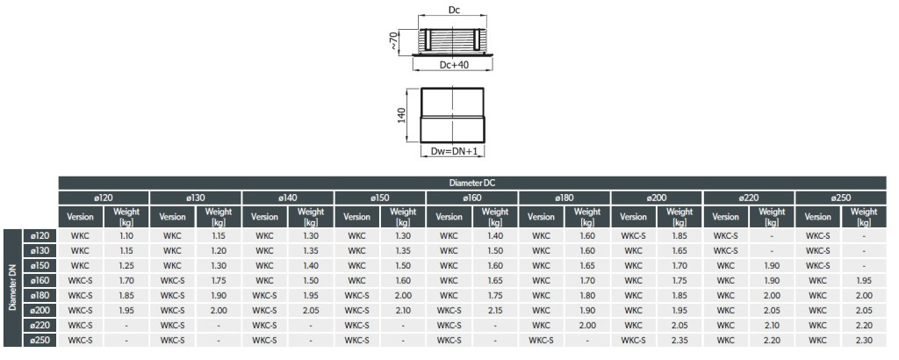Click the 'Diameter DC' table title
point(472,183)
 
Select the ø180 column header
point(565,198)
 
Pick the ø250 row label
point(40,340)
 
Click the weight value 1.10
point(126,235)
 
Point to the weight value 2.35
point(680,340)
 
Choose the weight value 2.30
point(864,340)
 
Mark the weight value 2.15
point(495,310)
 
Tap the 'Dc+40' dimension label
point(454,65)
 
